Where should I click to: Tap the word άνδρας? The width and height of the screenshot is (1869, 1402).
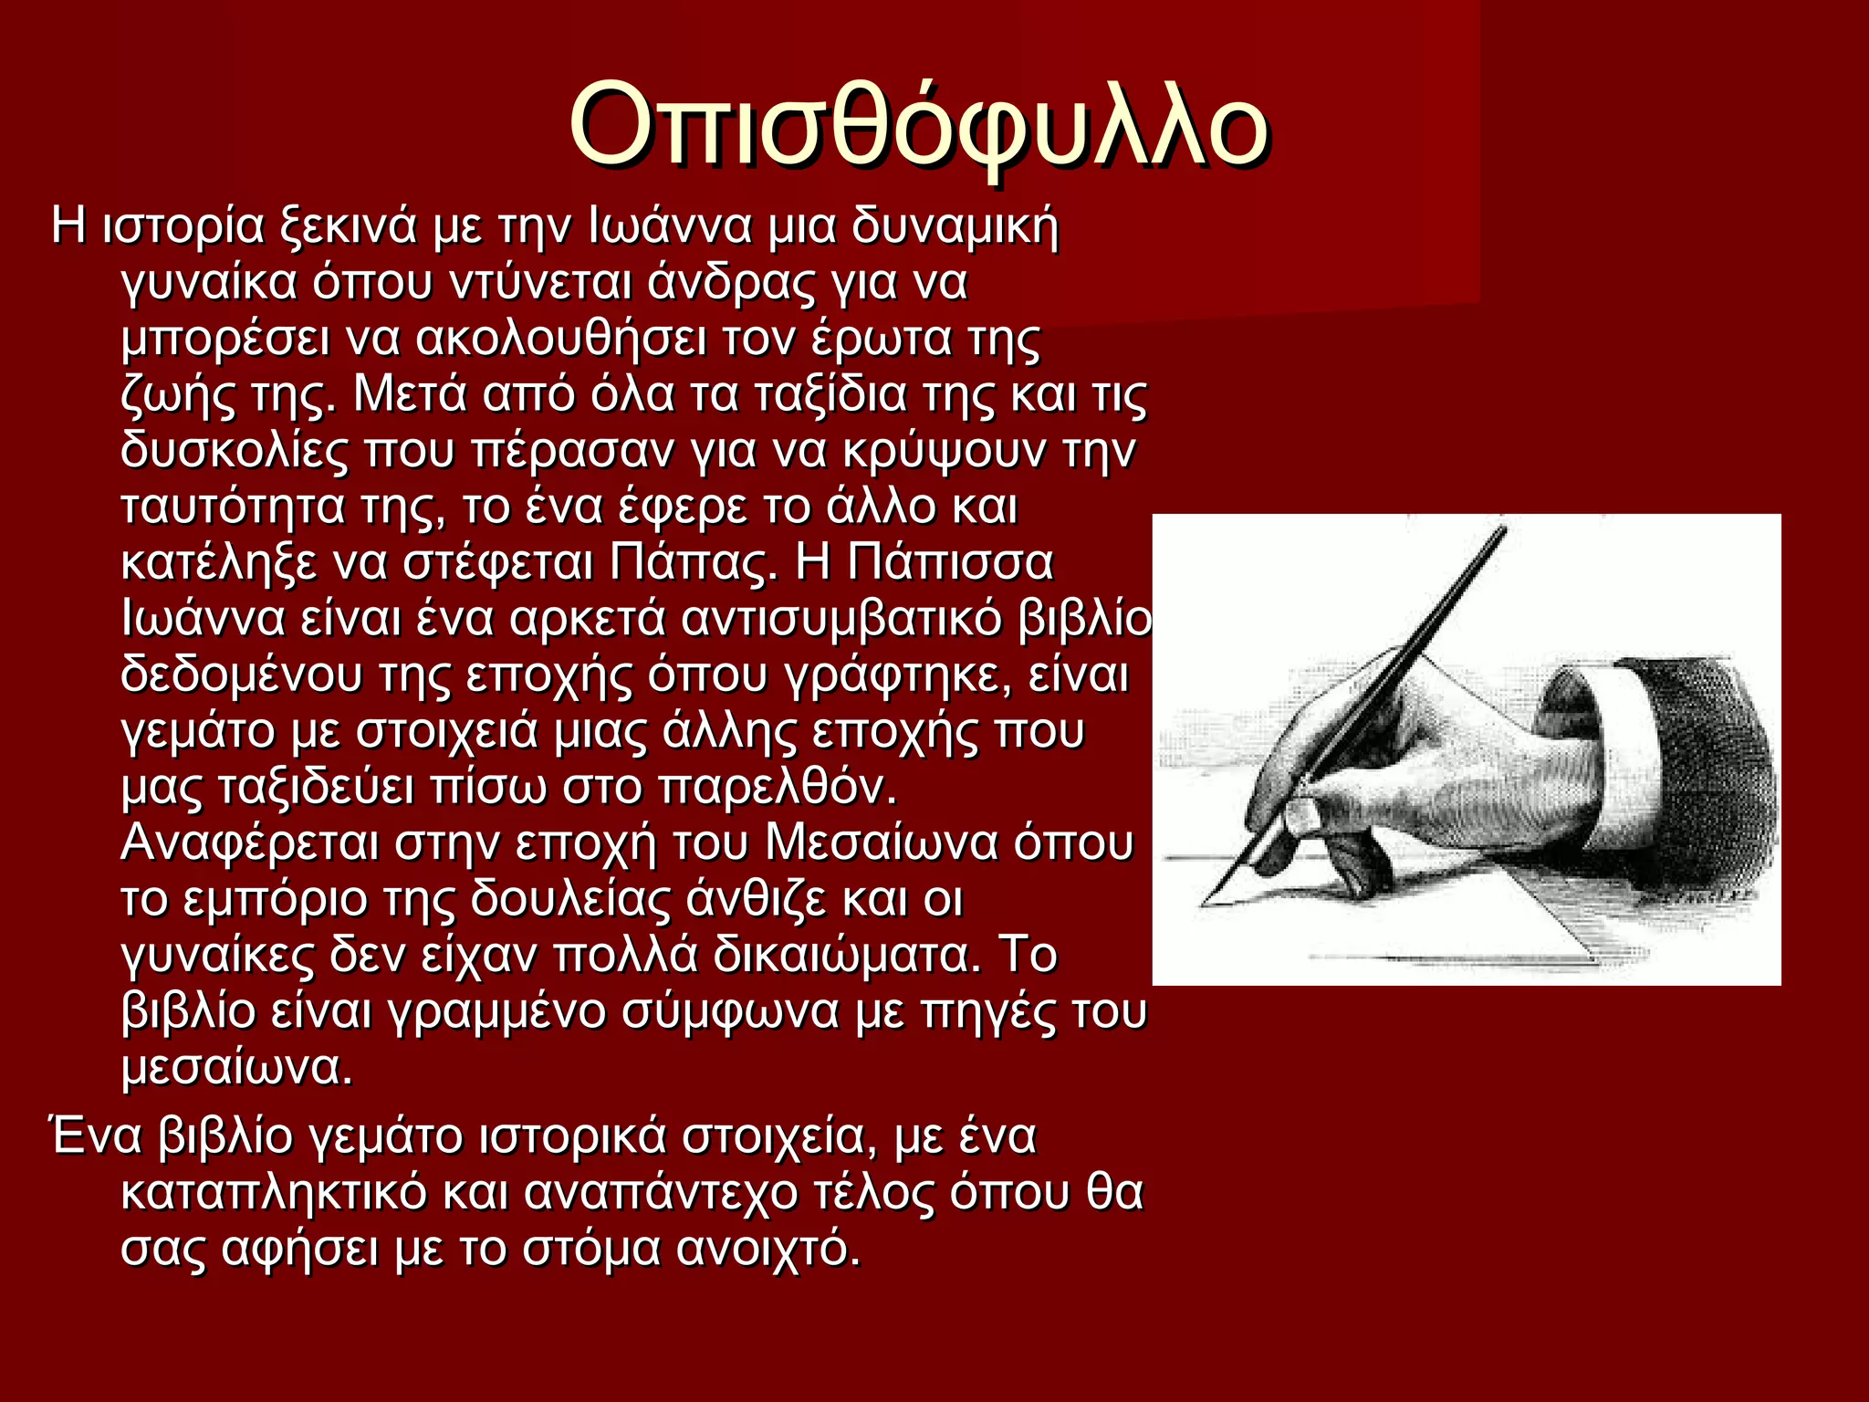[x=729, y=282]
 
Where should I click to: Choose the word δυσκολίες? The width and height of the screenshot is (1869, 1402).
[x=235, y=450]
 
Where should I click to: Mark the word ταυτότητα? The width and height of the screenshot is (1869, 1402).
[x=233, y=507]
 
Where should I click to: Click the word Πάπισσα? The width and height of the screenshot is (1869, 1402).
[x=950, y=562]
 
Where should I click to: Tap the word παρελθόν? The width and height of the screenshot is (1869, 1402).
[x=777, y=788]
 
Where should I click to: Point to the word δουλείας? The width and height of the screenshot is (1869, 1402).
[x=570, y=900]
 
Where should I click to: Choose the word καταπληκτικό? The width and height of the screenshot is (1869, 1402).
[x=274, y=1193]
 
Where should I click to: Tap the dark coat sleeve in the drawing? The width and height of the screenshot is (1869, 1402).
[x=1707, y=776]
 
